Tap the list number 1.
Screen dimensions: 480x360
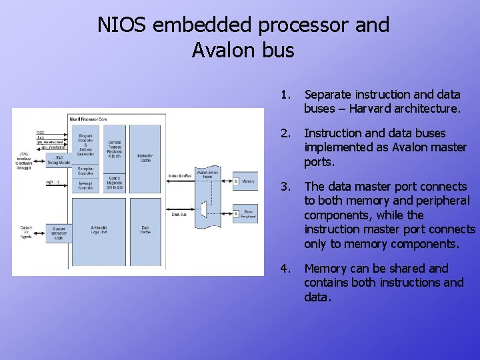pyautogui.click(x=285, y=95)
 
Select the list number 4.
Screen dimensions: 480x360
pyautogui.click(x=285, y=269)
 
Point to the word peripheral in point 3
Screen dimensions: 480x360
pyautogui.click(x=441, y=201)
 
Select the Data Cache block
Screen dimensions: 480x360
pyautogui.click(x=145, y=230)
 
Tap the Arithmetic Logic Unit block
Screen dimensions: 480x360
pyautogui.click(x=99, y=230)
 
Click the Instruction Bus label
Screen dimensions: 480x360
pyautogui.click(x=180, y=176)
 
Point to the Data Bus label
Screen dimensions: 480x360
pyautogui.click(x=179, y=215)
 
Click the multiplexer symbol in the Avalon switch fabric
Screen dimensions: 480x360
pyautogui.click(x=203, y=213)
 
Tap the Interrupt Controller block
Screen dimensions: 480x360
pyautogui.click(x=85, y=186)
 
